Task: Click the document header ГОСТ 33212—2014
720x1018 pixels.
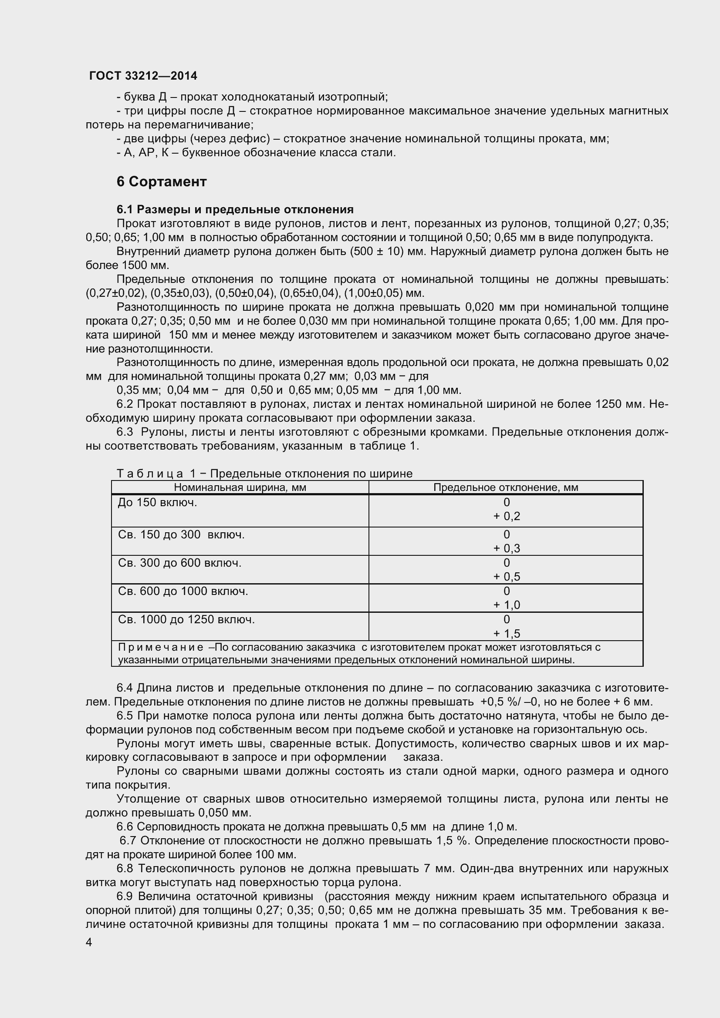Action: point(143,76)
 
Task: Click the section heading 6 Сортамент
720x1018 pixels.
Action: point(162,182)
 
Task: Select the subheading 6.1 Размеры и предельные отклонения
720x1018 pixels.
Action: point(235,209)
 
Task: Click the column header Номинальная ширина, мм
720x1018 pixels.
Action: point(240,488)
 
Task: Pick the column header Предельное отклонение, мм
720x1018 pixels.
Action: point(505,488)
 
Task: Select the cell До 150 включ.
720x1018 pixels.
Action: point(157,502)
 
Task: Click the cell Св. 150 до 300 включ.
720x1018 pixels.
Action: point(181,535)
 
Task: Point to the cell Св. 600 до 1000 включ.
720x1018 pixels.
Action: point(183,591)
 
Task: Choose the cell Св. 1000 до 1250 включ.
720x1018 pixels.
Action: point(186,619)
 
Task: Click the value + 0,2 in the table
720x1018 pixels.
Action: point(506,516)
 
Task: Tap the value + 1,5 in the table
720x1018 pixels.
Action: point(506,634)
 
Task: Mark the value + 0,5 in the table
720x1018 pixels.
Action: point(506,576)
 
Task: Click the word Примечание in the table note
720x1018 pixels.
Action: point(161,647)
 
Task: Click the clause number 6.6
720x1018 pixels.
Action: point(125,827)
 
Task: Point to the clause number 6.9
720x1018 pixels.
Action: point(125,896)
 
